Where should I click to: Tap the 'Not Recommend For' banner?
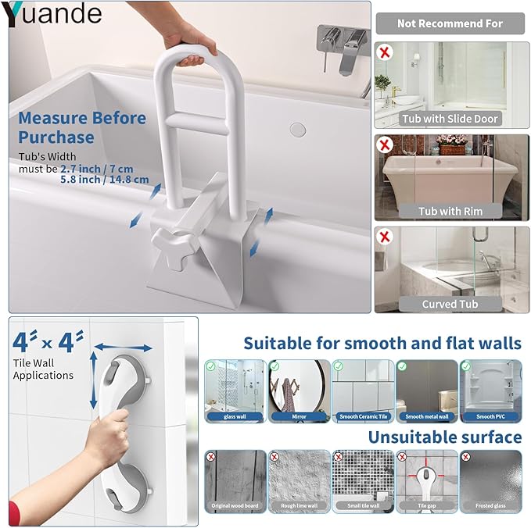pyautogui.click(x=450, y=23)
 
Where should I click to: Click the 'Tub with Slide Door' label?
pyautogui.click(x=450, y=119)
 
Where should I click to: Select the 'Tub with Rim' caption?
pyautogui.click(x=450, y=211)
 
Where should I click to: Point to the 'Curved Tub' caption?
pyautogui.click(x=450, y=304)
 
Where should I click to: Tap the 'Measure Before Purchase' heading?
pyautogui.click(x=81, y=127)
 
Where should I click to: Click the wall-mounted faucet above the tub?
pyautogui.click(x=342, y=39)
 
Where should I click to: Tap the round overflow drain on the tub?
pyautogui.click(x=296, y=128)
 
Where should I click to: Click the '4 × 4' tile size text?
pyautogui.click(x=49, y=342)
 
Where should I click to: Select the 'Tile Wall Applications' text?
pyautogui.click(x=43, y=369)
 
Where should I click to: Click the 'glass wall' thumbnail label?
pyautogui.click(x=233, y=417)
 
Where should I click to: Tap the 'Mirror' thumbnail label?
pyautogui.click(x=298, y=417)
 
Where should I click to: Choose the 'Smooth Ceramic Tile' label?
pyautogui.click(x=363, y=417)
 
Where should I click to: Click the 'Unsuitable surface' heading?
pyautogui.click(x=444, y=437)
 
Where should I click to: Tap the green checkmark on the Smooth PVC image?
pyautogui.click(x=466, y=366)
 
